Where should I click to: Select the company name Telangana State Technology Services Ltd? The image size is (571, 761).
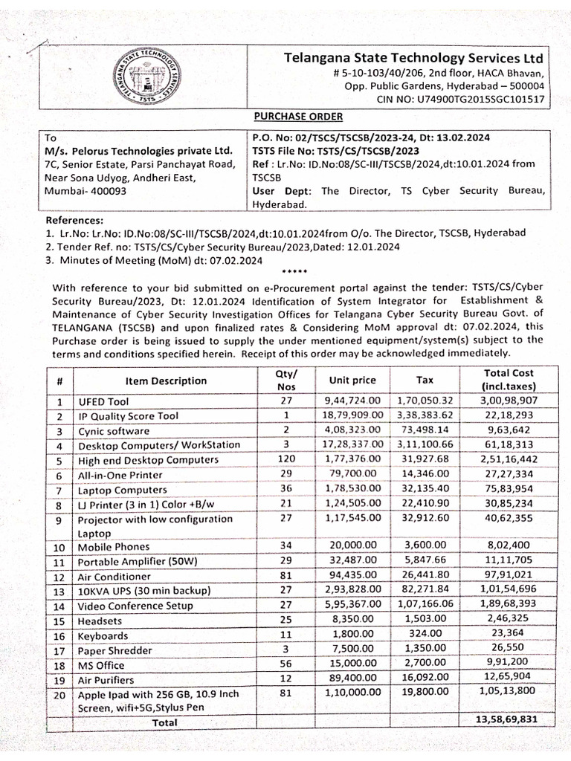coord(413,58)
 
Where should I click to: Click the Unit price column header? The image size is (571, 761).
coord(352,380)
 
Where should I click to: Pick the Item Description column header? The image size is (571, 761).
coord(166,380)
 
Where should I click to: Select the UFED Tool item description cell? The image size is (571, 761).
coord(100,401)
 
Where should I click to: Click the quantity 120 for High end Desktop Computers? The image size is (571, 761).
coord(286,459)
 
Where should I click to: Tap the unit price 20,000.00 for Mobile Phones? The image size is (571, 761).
coord(353,547)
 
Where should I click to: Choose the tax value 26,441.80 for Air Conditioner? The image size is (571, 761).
coord(424,576)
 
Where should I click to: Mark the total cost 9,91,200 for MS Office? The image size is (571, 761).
coord(508,664)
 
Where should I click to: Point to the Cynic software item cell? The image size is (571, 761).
coord(114,430)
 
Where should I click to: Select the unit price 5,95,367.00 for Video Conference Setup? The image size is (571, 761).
coord(353,605)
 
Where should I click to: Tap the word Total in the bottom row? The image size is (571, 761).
coord(164,722)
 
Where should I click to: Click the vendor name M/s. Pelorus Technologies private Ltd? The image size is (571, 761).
coord(139,150)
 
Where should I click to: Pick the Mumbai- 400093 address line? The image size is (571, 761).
coord(86,190)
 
